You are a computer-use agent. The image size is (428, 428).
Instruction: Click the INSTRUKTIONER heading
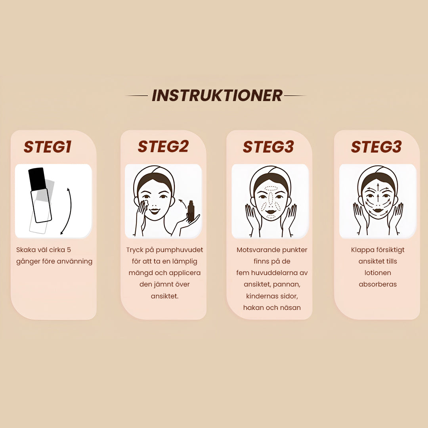[217, 96]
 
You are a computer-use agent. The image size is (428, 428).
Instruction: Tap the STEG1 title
[48, 147]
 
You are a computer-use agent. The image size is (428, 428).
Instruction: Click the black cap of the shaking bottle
[37, 179]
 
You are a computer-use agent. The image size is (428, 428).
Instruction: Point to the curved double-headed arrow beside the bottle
[70, 211]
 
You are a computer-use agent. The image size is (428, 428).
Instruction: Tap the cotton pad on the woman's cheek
[145, 203]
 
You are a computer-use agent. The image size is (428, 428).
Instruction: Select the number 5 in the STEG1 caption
[69, 250]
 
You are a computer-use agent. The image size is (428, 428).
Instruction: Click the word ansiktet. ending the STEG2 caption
[164, 296]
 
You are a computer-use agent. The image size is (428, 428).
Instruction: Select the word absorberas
[378, 285]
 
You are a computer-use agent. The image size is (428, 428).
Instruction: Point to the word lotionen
[378, 273]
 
